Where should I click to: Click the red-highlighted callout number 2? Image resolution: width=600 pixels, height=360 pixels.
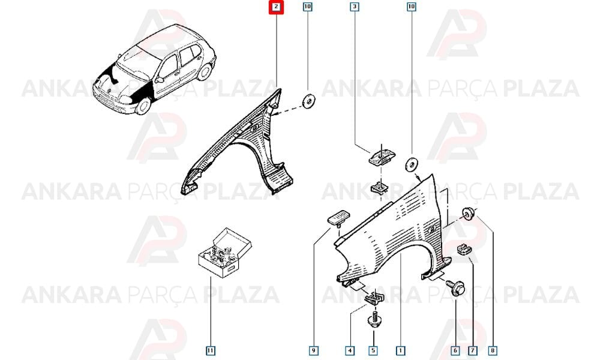pos(276,7)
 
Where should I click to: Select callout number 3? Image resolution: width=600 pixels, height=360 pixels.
pos(355,7)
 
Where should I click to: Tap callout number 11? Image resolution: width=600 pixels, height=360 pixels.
pos(211,350)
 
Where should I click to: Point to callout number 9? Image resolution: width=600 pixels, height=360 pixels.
pos(313,350)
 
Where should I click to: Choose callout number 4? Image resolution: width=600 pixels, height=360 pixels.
pos(349,350)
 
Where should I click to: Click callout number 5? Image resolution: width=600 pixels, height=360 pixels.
pos(373,350)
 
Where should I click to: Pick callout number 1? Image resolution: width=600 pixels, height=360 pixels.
pos(400,350)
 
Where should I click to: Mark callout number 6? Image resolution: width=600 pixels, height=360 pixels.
pos(455,350)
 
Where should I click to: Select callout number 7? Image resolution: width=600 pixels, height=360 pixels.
pos(473,350)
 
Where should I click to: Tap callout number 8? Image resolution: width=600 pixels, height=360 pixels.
pos(493,350)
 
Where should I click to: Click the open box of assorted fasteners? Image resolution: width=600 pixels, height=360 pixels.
pos(224,253)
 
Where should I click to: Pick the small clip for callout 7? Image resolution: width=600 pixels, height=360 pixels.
pos(464,249)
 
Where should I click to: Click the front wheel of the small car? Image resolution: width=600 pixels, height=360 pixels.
pos(143,106)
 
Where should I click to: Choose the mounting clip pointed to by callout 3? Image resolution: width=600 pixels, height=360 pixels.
pos(382,156)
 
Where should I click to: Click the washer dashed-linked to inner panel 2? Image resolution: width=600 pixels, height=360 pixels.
pos(308,101)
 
